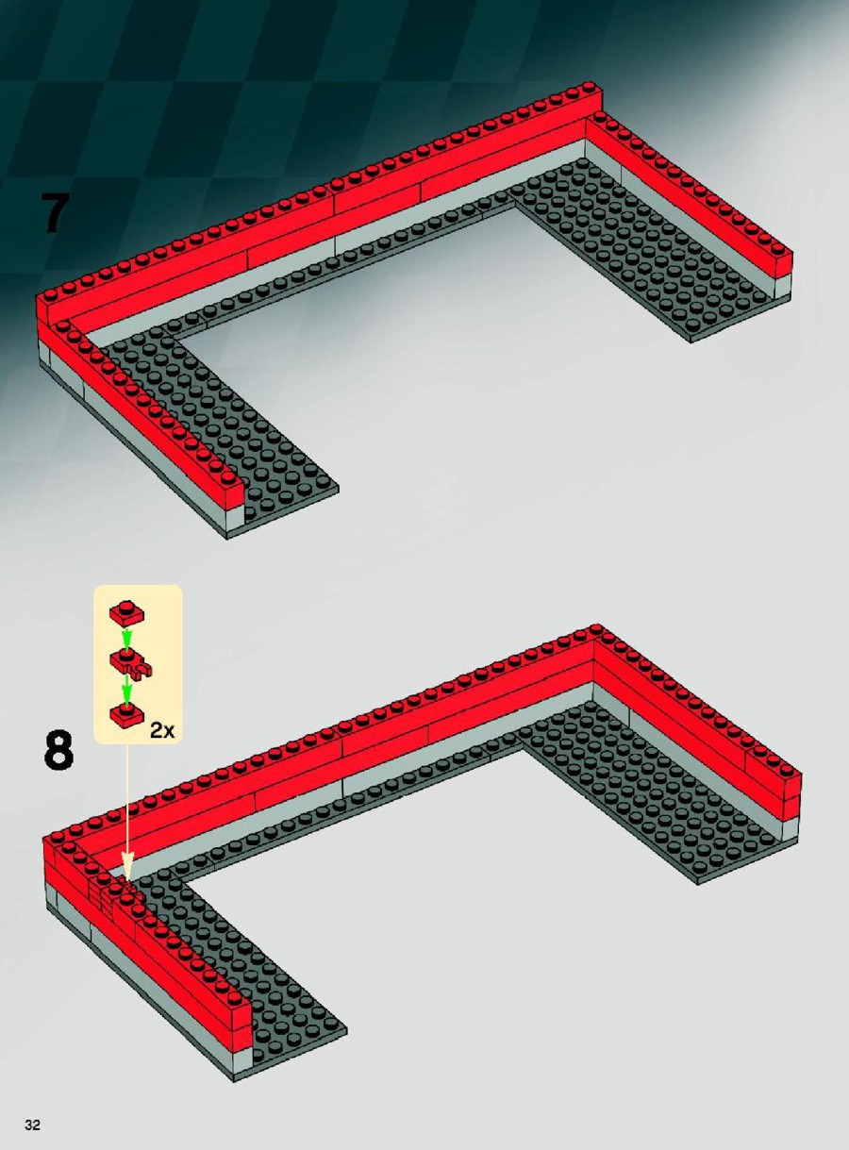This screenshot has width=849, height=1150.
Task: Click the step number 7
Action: tap(55, 212)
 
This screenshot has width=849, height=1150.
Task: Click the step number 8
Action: tap(58, 749)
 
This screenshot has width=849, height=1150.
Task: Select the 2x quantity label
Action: tap(162, 730)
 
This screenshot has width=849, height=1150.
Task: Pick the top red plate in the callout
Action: tap(126, 613)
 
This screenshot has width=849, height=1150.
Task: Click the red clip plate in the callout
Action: tap(130, 662)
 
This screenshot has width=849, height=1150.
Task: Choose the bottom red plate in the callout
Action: tap(126, 713)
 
